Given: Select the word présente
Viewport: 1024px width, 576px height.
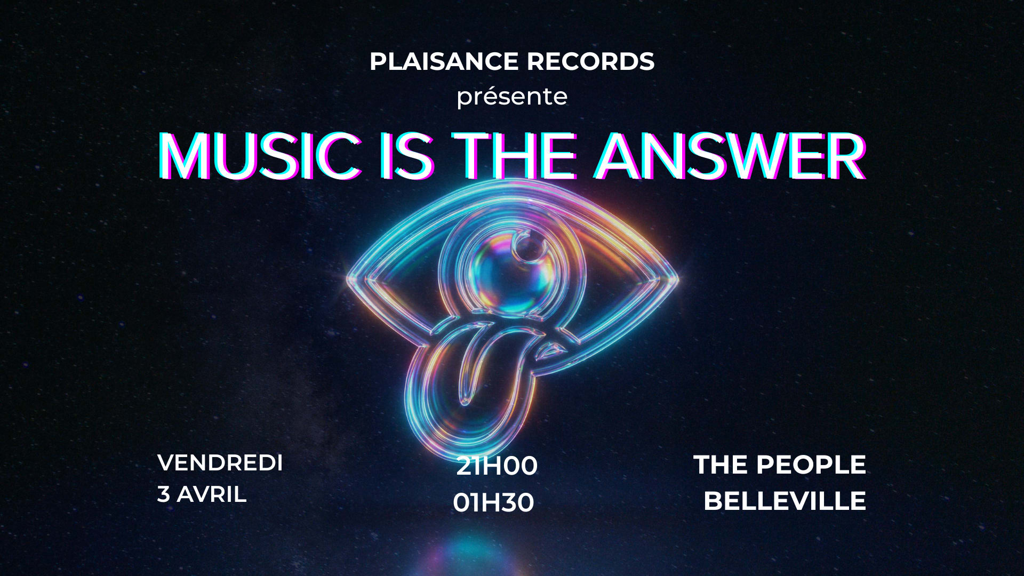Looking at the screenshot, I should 511,97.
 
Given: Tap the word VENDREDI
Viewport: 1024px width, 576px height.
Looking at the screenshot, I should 220,463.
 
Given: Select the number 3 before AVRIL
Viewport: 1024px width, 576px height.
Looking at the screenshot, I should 163,494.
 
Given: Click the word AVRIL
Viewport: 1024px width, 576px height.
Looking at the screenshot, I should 211,494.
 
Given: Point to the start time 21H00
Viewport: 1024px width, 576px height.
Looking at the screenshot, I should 497,467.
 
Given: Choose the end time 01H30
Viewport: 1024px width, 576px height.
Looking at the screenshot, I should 493,503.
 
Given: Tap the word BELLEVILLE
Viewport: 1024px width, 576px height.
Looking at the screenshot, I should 784,501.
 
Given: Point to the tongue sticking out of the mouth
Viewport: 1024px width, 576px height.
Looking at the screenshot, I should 469,368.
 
